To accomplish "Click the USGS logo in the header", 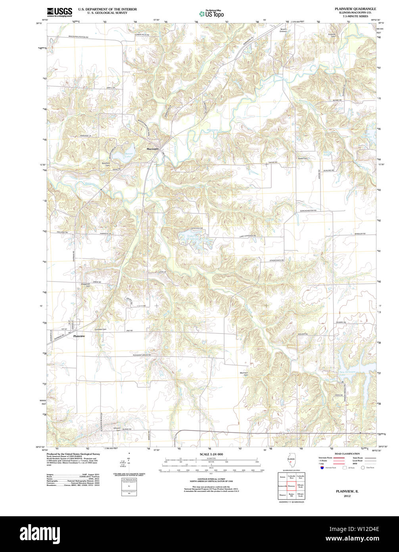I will coord(59,12).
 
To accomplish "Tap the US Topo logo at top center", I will coord(211,13).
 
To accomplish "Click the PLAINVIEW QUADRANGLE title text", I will coord(355,9).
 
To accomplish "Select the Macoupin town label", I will coord(153,149).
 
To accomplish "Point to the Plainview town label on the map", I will coord(79,336).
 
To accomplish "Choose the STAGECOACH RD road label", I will coord(278,260).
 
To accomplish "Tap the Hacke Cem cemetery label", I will coord(303,158).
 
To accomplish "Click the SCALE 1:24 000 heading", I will coord(211,454).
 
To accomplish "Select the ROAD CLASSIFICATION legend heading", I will coord(347,454).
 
